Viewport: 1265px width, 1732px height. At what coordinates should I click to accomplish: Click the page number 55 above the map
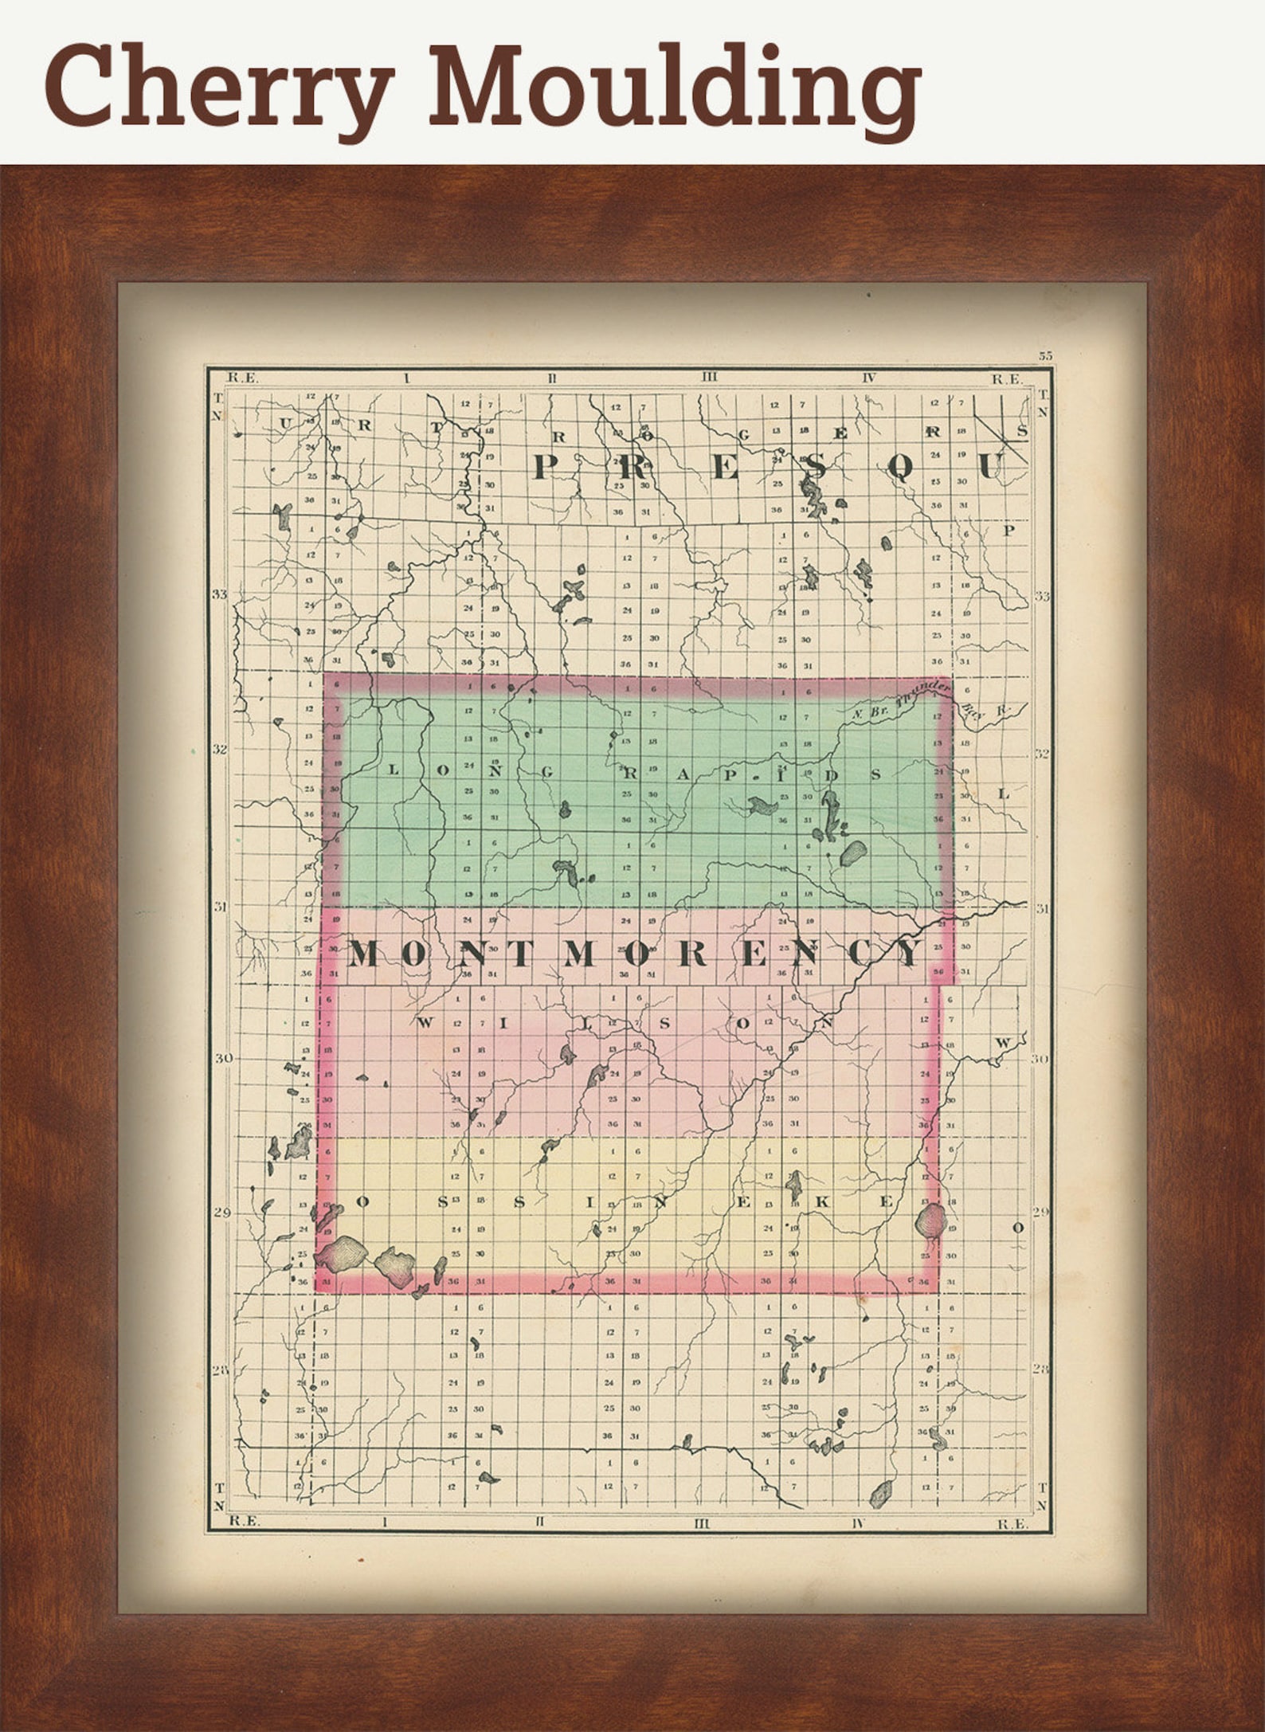pos(1045,356)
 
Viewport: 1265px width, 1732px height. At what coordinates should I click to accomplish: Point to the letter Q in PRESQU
pos(899,468)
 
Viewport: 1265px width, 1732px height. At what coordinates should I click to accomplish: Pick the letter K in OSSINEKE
pos(823,1202)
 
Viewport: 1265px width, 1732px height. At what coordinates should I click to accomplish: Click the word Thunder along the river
pos(924,694)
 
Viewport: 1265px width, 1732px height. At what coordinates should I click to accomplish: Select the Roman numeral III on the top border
pos(709,378)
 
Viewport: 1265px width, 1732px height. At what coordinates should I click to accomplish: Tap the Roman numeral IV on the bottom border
pos(858,1523)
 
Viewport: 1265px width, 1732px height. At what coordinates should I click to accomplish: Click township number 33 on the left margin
pos(220,594)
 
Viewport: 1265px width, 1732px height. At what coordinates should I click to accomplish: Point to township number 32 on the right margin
pos(1042,753)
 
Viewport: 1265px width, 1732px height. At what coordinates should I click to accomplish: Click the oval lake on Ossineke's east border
pos(930,1219)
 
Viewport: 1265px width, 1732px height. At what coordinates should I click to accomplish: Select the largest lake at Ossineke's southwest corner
pos(343,1252)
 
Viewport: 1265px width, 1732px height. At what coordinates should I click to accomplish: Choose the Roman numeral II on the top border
pos(551,378)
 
